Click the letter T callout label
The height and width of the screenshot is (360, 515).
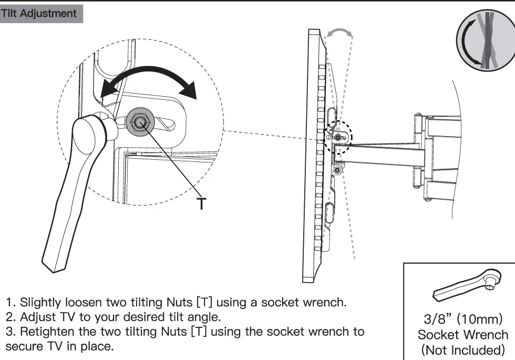pos(202,203)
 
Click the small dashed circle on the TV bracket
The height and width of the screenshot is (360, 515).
pos(338,136)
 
